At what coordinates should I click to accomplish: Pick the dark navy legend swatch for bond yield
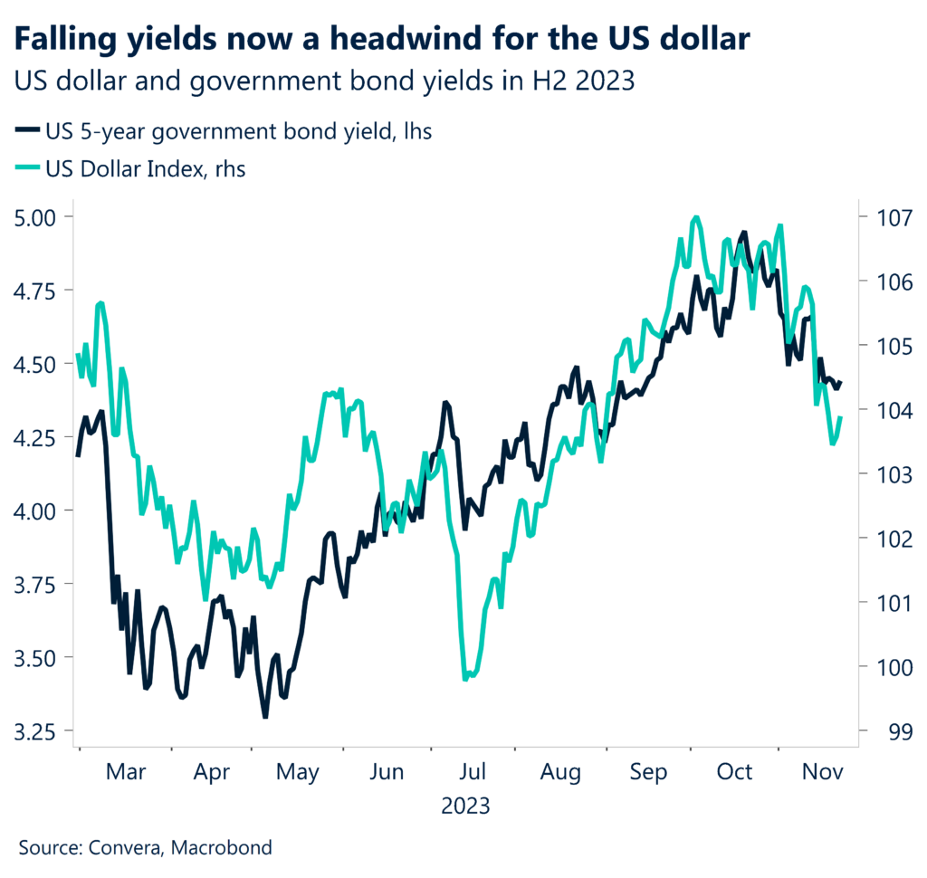coord(27,132)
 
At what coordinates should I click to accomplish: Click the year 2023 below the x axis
coord(465,804)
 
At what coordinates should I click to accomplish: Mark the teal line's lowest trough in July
coord(466,678)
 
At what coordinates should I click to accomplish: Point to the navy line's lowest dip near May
coord(265,717)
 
